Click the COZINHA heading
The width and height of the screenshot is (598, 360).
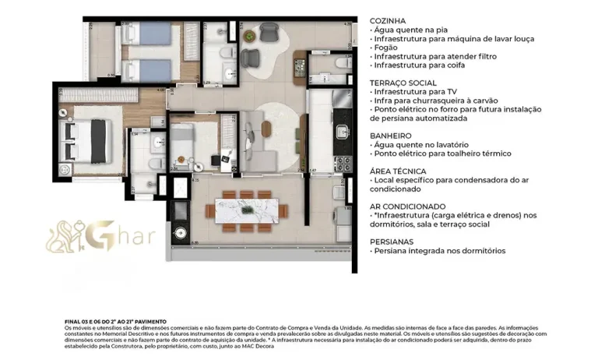(x=389, y=21)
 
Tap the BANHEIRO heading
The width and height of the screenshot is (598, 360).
(x=391, y=136)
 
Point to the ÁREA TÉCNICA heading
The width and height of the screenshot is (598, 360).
(x=398, y=171)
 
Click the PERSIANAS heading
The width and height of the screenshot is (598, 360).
(x=392, y=242)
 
